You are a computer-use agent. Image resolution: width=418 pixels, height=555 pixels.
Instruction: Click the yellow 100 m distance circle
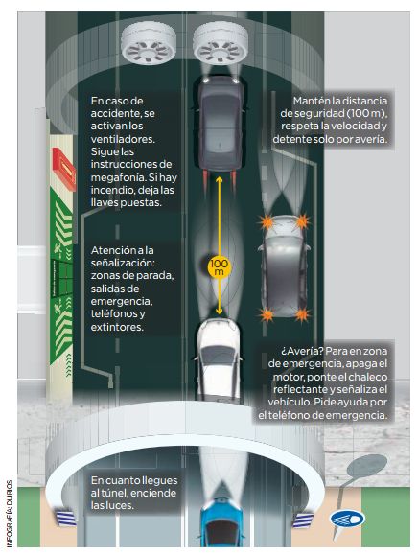[x=220, y=267]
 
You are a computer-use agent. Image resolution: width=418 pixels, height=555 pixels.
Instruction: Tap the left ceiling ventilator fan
[x=149, y=44]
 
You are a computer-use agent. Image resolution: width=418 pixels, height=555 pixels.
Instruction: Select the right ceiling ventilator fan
[x=221, y=44]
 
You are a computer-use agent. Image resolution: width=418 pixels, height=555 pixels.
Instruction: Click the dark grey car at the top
[x=221, y=124]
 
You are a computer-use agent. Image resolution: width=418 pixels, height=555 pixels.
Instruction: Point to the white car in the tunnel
[x=219, y=360]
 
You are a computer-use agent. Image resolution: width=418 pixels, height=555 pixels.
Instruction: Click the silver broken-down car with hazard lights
[x=284, y=267]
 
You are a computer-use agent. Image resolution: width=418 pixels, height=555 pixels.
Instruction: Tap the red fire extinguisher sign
[x=64, y=170]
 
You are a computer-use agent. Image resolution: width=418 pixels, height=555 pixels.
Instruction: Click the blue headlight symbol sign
[x=347, y=520]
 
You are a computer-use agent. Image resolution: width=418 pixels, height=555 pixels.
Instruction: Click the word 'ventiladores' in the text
[x=123, y=139]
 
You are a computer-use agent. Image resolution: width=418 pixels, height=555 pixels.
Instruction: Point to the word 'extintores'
[x=117, y=327]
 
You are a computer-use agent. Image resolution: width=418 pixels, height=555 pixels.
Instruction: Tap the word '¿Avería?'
[x=302, y=351]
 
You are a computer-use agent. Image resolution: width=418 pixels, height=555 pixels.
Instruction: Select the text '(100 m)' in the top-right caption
[x=366, y=113]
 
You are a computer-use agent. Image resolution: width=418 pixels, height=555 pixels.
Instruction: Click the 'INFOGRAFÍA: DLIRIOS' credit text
[x=10, y=514]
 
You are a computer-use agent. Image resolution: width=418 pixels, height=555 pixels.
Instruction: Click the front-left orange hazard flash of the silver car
[x=267, y=222]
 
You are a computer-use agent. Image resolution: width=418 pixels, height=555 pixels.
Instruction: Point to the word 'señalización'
[x=123, y=263]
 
